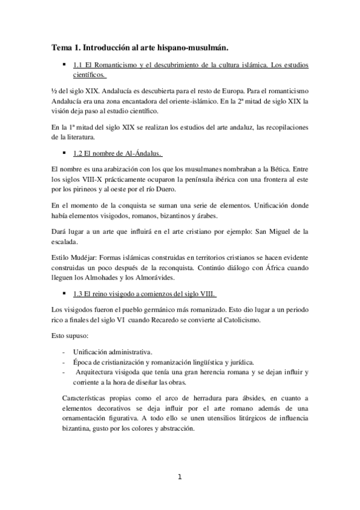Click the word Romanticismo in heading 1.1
tap(116, 63)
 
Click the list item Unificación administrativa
tap(112, 351)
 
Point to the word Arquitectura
tap(96, 372)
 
